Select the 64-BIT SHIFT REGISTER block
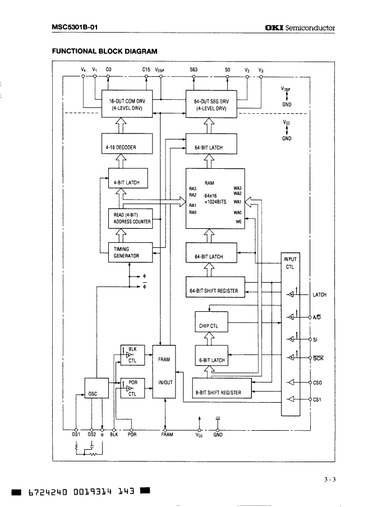tap(215, 291)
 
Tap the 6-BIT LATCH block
tap(212, 360)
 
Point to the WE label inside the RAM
tap(238, 222)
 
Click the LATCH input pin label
tap(319, 295)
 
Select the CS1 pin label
tap(317, 399)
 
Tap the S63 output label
tap(194, 70)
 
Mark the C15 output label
tap(146, 70)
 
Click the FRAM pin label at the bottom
tap(167, 434)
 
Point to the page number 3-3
tap(329, 478)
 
